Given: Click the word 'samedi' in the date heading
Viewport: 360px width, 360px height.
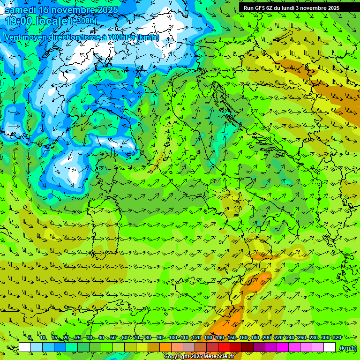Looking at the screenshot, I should point(21,10).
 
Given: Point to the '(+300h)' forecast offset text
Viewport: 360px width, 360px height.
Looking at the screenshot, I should point(83,21).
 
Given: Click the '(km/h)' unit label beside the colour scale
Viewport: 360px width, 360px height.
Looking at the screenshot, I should point(347,348).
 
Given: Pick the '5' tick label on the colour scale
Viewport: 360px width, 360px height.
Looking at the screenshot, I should point(30,338).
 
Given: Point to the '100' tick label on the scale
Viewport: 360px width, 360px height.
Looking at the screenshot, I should point(172,338).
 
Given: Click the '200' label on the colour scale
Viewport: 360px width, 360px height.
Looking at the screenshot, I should point(267,338).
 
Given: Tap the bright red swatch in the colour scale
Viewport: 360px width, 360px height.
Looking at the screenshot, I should point(225,347).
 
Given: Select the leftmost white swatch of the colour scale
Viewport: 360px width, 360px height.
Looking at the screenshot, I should point(25,347).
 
